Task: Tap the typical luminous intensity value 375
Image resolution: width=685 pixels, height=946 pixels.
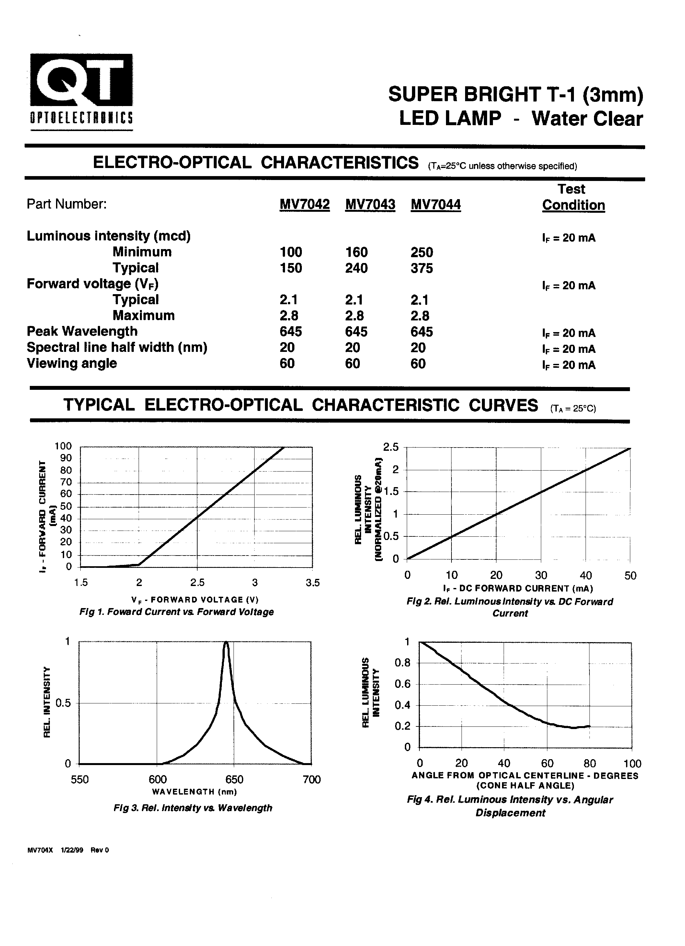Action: click(x=422, y=268)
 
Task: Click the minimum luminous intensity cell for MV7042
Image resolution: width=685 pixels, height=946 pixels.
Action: click(x=291, y=252)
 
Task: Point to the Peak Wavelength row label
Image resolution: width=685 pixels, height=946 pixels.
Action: click(x=82, y=331)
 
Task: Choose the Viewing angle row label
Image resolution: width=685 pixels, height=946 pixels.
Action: click(x=72, y=363)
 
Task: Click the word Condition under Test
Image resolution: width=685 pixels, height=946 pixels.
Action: click(x=573, y=205)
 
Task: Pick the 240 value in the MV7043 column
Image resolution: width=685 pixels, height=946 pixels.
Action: click(x=356, y=268)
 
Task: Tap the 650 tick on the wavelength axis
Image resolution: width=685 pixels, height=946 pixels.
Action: click(x=234, y=780)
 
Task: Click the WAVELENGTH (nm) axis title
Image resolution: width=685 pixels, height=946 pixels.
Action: click(x=195, y=792)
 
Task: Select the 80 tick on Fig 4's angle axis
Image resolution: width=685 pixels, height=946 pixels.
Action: click(x=589, y=764)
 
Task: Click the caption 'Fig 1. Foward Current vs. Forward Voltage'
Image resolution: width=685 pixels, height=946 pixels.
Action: click(x=176, y=612)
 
